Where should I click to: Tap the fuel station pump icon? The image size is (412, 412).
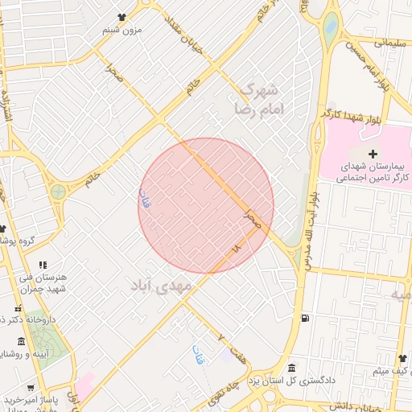[x=303, y=317]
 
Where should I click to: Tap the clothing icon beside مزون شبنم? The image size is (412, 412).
[x=122, y=17]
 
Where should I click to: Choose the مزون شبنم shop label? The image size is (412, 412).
[x=122, y=30]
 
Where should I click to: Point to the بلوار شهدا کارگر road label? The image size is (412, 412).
[x=351, y=115]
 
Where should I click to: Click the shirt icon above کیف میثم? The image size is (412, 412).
[x=403, y=358]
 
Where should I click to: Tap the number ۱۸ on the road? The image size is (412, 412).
[x=236, y=250]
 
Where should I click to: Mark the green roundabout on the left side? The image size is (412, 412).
[x=58, y=192]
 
